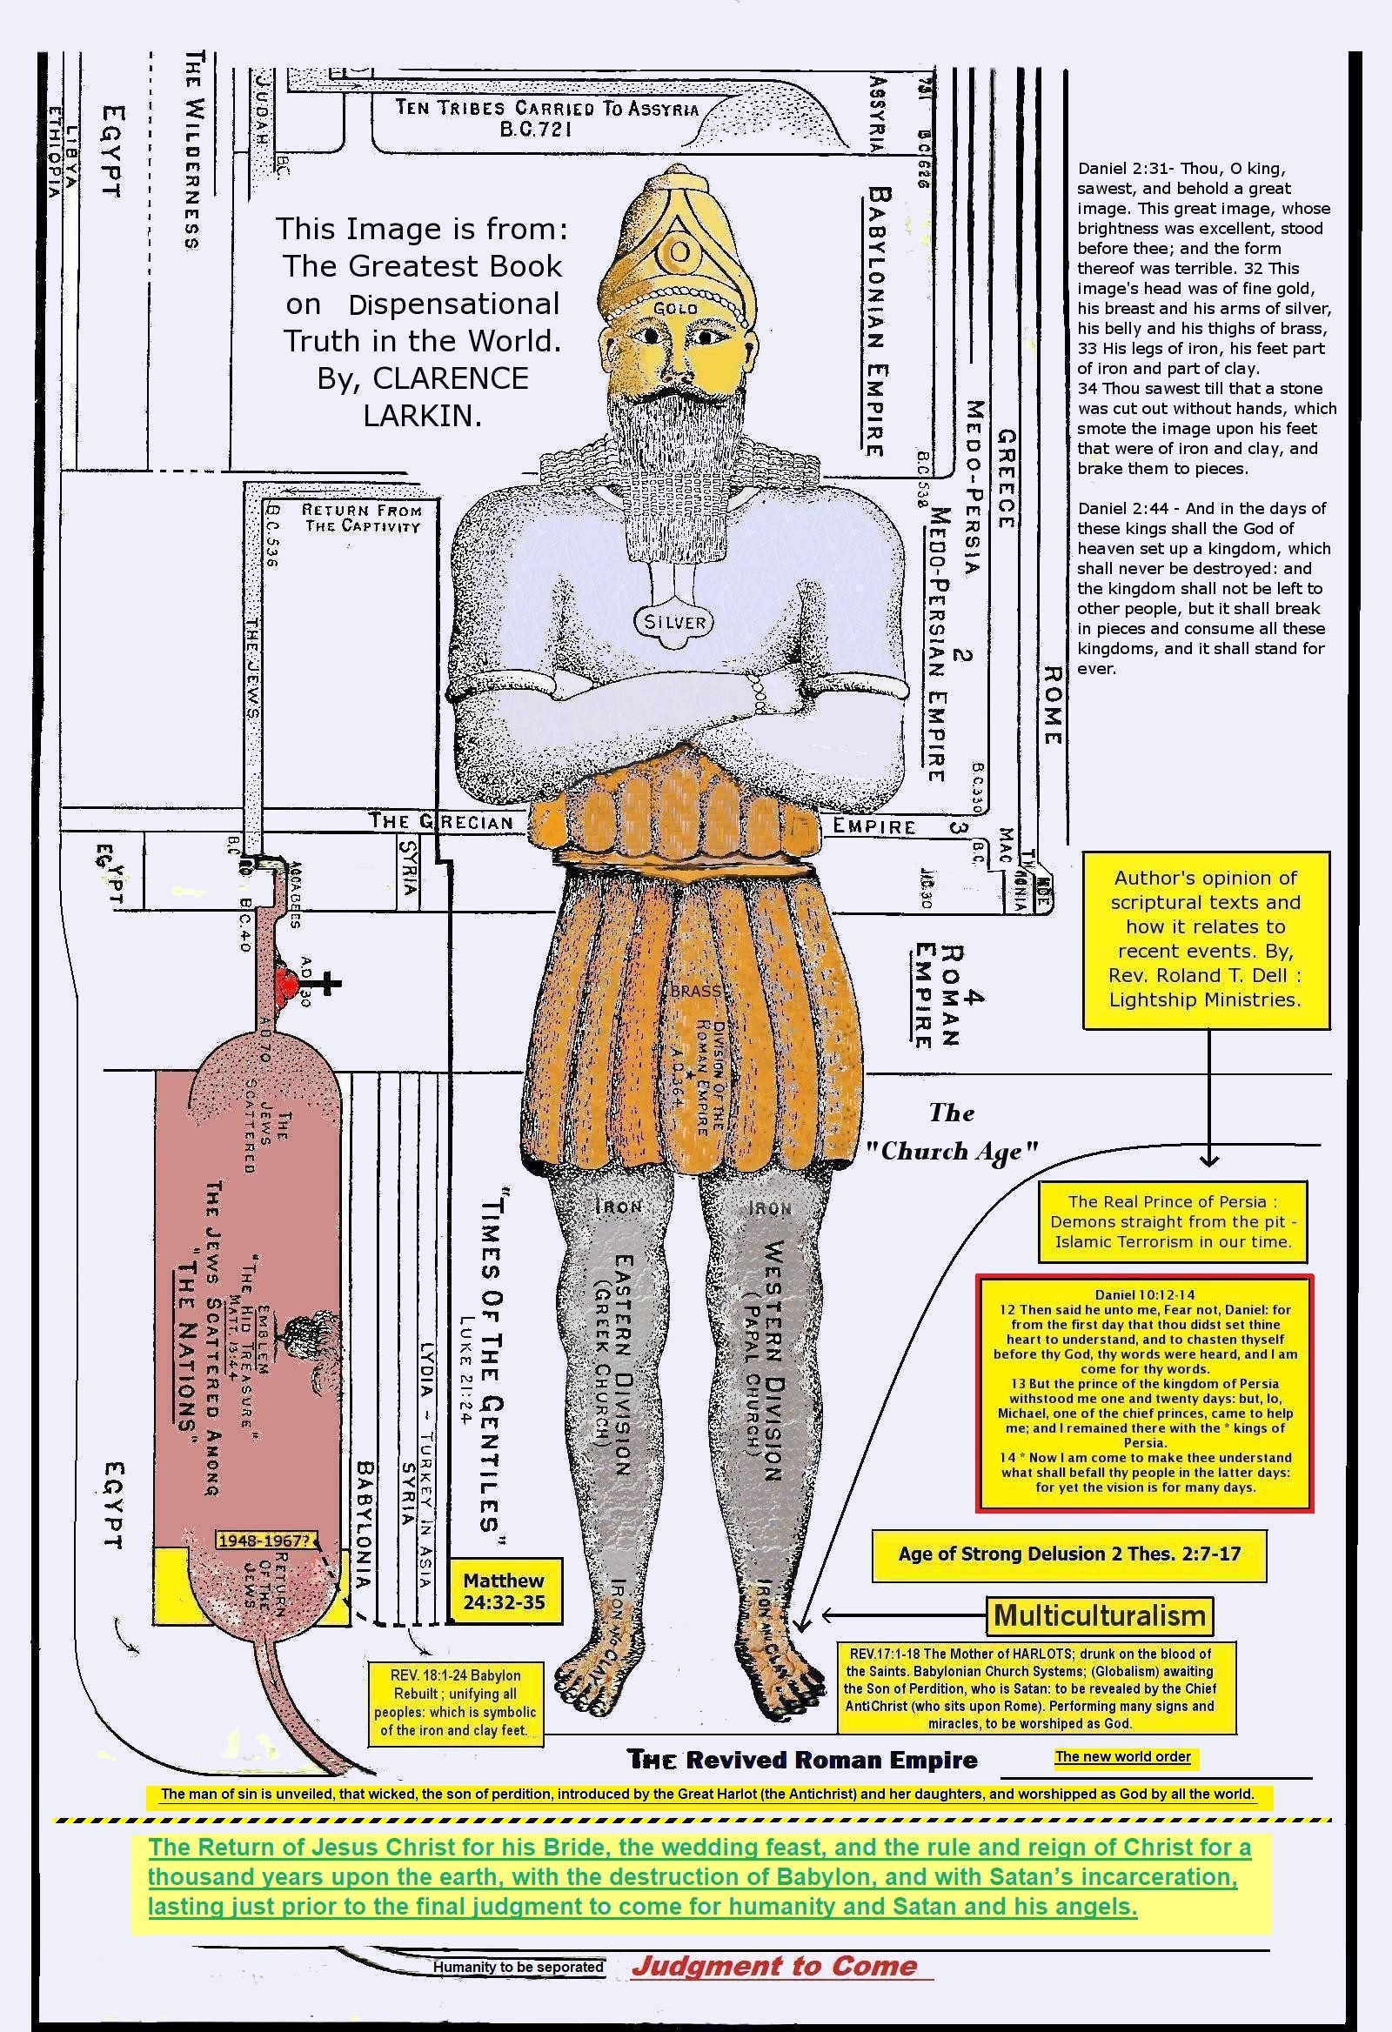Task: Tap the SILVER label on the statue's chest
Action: [x=674, y=622]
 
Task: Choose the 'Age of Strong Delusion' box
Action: [x=1068, y=1553]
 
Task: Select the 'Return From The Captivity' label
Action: [x=361, y=518]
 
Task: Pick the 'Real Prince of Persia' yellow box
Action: [x=1171, y=1220]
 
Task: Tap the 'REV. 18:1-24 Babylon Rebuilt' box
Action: [x=456, y=1702]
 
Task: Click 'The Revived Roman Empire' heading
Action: [x=802, y=1759]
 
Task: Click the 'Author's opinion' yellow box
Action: [x=1206, y=939]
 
